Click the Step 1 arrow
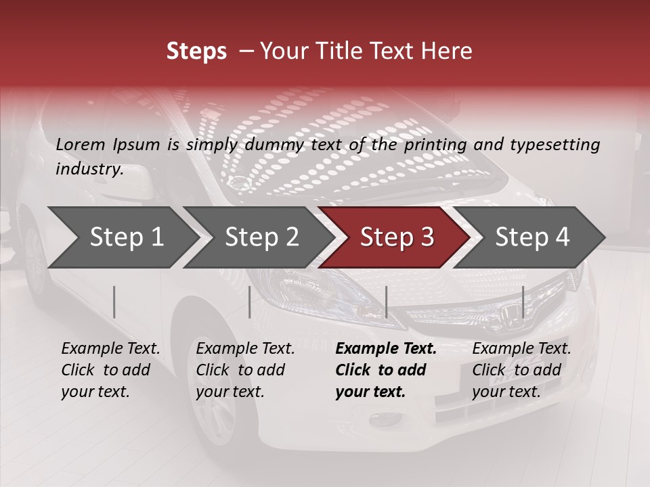126,237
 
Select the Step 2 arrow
261,237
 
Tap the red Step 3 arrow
397,237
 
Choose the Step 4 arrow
532,237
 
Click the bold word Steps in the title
196,51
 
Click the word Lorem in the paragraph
80,144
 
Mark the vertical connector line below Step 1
114,302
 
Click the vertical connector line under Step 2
250,302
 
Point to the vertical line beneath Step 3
386,302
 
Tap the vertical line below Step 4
523,302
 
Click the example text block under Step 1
110,370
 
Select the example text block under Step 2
245,370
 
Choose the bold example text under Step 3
385,370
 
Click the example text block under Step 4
521,370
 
